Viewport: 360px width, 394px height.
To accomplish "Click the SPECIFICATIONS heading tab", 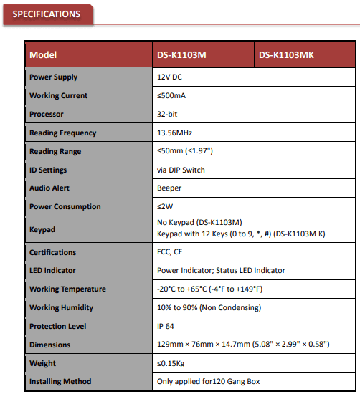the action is tap(47, 14).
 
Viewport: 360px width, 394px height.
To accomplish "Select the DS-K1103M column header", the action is tap(181, 55).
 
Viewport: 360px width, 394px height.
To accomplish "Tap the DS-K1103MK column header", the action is tap(286, 55).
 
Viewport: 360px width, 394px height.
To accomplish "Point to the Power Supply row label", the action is tap(53, 77).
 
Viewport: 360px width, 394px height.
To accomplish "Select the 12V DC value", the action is tap(170, 77).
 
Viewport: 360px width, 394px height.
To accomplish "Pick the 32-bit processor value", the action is tap(169, 114).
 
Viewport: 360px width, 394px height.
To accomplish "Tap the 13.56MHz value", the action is tap(174, 133).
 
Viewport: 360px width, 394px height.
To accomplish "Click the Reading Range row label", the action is tap(55, 151).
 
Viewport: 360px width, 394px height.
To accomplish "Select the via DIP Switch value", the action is tap(181, 170).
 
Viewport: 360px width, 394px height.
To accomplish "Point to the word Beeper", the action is tap(169, 188).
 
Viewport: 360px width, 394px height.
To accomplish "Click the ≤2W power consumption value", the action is tap(165, 206).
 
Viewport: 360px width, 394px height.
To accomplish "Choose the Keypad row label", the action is tap(42, 229).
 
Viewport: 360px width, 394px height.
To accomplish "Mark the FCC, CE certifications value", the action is tap(171, 252).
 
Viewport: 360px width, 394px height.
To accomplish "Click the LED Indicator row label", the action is tap(52, 271).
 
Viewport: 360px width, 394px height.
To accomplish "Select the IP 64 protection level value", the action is tap(167, 326).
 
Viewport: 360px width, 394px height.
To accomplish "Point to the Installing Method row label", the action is tap(60, 382).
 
